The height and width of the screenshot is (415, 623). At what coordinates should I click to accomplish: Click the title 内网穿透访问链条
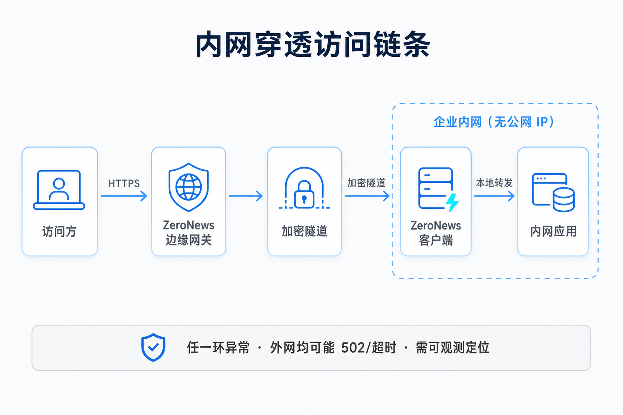313,45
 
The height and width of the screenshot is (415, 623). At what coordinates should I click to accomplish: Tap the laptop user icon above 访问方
59,190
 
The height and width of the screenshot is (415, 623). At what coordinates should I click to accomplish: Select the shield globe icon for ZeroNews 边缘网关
189,187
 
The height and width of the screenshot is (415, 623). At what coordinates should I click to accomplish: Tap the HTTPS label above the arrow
124,184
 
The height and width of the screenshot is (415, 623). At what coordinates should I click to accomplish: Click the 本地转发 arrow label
494,183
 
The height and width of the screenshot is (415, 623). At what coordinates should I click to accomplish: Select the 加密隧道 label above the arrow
366,183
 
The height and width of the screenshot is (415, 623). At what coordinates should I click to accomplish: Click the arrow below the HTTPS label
124,196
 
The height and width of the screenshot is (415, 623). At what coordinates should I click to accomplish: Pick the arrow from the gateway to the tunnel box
246,196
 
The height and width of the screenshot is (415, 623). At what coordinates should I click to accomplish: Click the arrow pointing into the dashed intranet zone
367,196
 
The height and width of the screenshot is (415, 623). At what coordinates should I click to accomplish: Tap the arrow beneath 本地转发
494,196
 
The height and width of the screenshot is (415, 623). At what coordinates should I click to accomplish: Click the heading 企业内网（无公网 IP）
494,122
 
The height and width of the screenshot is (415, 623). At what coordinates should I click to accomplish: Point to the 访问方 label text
59,231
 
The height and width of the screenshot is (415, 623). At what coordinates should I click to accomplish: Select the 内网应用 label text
553,231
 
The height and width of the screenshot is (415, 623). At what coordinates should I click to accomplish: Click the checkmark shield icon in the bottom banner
153,347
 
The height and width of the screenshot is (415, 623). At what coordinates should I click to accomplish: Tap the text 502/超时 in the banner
369,348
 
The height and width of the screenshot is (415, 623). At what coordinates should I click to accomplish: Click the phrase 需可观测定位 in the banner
453,348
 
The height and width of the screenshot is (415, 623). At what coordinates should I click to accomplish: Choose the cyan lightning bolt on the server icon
452,202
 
